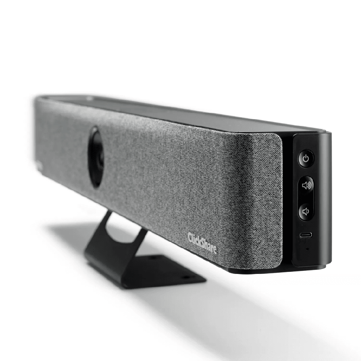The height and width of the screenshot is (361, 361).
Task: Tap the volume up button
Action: (x=306, y=185)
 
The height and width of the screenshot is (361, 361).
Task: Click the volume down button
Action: (x=305, y=212)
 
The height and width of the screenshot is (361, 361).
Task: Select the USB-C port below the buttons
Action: (x=305, y=235)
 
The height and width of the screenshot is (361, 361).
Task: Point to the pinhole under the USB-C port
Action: (x=306, y=248)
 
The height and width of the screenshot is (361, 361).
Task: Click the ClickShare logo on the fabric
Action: (x=202, y=243)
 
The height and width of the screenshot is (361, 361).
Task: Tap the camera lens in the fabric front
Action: (x=96, y=157)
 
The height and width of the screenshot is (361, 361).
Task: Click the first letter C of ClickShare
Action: (x=190, y=236)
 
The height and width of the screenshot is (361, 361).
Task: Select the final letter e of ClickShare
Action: (x=215, y=250)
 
